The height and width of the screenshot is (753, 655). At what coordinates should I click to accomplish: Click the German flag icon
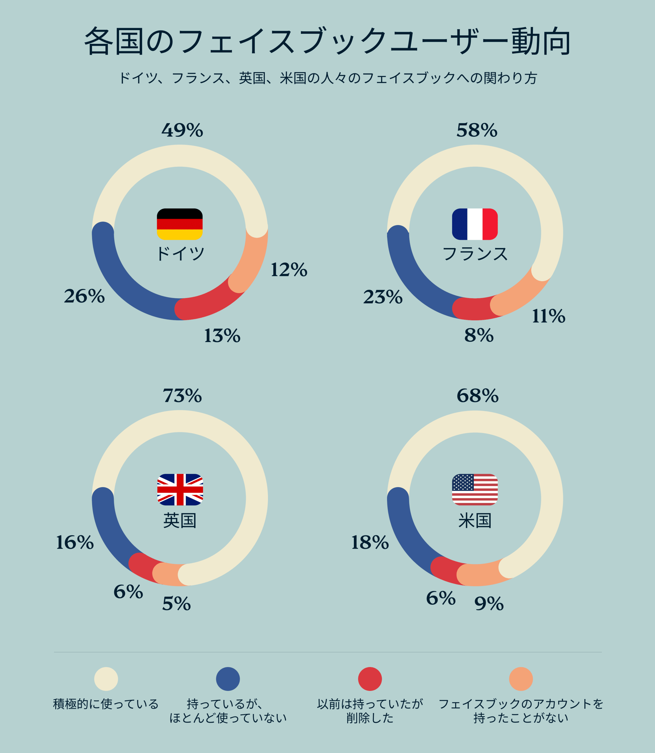click(179, 224)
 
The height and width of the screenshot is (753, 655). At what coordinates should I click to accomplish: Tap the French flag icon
click(475, 224)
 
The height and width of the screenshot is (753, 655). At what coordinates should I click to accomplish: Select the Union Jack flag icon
click(180, 490)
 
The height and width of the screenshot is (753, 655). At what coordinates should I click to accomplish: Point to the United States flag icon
click(475, 490)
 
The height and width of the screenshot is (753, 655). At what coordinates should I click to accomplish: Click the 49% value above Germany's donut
click(182, 130)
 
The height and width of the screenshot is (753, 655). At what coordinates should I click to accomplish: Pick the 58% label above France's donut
click(477, 130)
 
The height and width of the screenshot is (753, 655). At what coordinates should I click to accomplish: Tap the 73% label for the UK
click(182, 396)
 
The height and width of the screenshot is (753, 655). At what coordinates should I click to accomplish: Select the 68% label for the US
click(477, 396)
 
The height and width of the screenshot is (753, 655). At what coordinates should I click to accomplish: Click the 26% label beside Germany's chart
click(84, 296)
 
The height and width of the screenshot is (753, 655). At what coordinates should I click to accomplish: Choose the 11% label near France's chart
click(549, 316)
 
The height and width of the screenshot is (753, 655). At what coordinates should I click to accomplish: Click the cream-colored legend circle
click(106, 679)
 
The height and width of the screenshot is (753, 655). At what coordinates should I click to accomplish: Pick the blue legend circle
click(228, 679)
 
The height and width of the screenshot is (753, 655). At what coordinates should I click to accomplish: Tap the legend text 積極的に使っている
click(106, 704)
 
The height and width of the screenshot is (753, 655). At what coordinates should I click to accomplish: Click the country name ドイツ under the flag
click(180, 253)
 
